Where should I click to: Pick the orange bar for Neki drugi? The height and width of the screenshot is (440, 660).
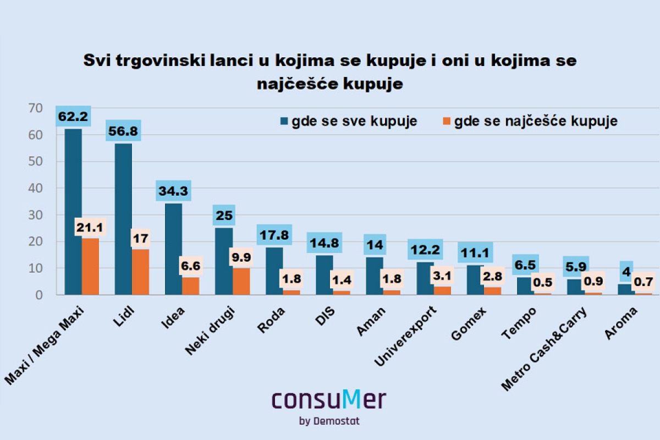[241, 281]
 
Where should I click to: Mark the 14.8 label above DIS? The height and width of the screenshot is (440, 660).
[324, 242]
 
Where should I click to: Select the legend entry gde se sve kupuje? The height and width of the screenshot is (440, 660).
[355, 121]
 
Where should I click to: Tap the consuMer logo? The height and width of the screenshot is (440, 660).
[329, 400]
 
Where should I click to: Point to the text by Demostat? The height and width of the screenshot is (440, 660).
[329, 421]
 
